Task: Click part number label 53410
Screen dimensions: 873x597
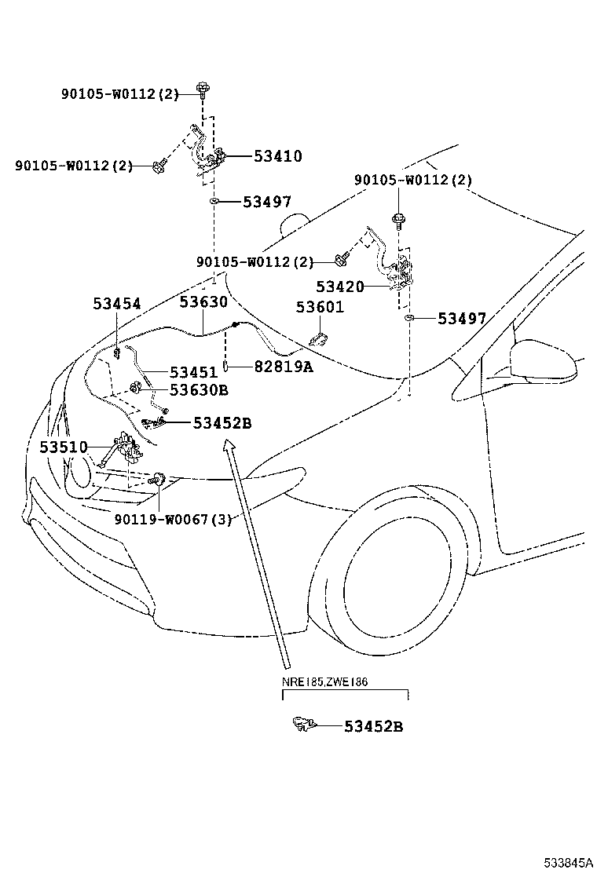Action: pos(277,156)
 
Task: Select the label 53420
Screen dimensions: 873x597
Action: pos(340,287)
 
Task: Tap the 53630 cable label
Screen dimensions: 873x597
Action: pos(203,302)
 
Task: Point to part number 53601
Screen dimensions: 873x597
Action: pos(320,307)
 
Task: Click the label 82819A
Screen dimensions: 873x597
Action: pos(283,367)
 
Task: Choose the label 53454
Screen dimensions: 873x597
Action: pos(117,304)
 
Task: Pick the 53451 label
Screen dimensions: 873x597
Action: pos(194,371)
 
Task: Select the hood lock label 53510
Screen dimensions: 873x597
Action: pos(64,447)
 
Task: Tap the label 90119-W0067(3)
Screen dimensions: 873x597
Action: pos(173,519)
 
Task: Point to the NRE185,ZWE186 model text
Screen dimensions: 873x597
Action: pos(324,681)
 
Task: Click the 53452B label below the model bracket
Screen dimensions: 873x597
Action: pos(373,726)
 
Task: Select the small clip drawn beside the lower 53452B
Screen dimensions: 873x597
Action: pos(301,723)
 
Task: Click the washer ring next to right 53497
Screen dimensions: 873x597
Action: pos(409,319)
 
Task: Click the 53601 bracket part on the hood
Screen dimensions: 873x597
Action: pos(319,340)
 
